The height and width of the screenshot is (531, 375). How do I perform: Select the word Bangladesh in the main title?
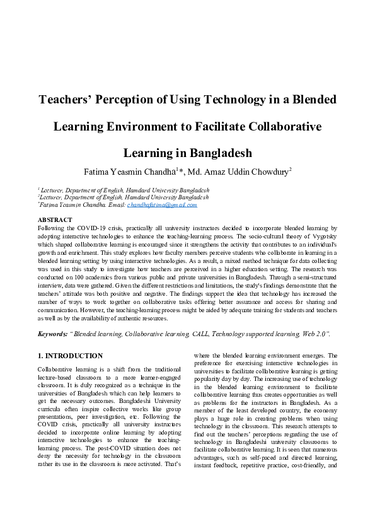pyautogui.click(x=217, y=153)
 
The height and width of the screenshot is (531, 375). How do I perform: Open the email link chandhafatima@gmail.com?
pyautogui.click(x=162, y=205)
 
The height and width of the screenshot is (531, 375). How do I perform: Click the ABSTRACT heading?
pyautogui.click(x=55, y=220)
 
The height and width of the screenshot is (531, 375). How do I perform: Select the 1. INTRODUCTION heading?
pyautogui.click(x=70, y=356)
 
